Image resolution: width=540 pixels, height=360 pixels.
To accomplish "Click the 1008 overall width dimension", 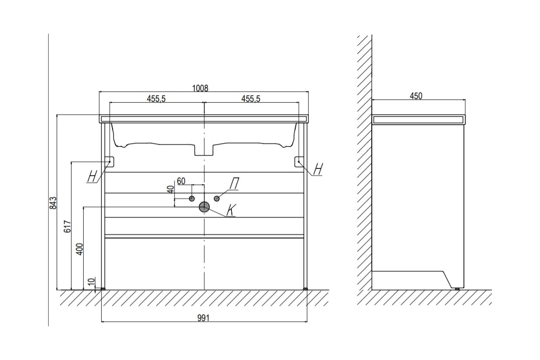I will [x=200, y=88].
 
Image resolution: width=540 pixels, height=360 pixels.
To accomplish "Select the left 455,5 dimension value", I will [x=156, y=99].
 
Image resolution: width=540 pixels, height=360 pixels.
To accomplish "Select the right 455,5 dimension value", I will [x=250, y=99].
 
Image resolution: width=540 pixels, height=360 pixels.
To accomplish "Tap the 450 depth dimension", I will [x=416, y=96].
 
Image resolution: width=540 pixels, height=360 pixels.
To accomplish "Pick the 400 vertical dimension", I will [x=80, y=248].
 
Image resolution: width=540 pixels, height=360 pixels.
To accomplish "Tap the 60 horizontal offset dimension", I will [x=181, y=181].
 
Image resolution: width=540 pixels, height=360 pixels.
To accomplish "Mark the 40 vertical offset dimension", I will [x=171, y=189].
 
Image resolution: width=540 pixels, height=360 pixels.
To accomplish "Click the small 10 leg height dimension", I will [x=92, y=282].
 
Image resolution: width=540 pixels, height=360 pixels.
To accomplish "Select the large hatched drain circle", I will [x=204, y=207].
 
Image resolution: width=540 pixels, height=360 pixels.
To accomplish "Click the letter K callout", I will [x=231, y=210].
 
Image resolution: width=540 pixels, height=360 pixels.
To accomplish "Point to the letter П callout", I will [x=234, y=184].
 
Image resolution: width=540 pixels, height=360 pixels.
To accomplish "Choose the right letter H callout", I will [x=318, y=169].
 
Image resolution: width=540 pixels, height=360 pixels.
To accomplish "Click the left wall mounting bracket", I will [x=109, y=161].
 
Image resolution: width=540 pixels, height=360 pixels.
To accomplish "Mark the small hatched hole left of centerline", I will [x=192, y=198].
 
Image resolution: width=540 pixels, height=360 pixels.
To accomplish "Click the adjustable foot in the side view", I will [x=458, y=288].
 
